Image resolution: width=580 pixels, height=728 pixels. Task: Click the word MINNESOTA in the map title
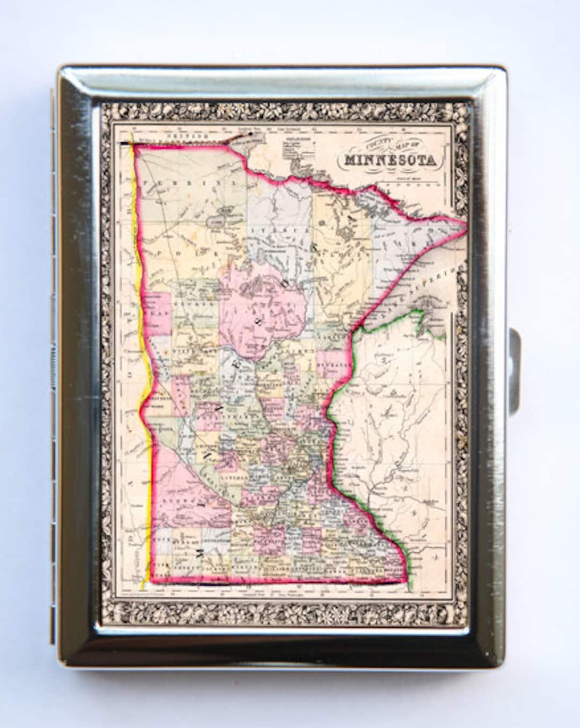tap(390, 159)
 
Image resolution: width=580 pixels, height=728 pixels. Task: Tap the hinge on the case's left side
tap(54, 365)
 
